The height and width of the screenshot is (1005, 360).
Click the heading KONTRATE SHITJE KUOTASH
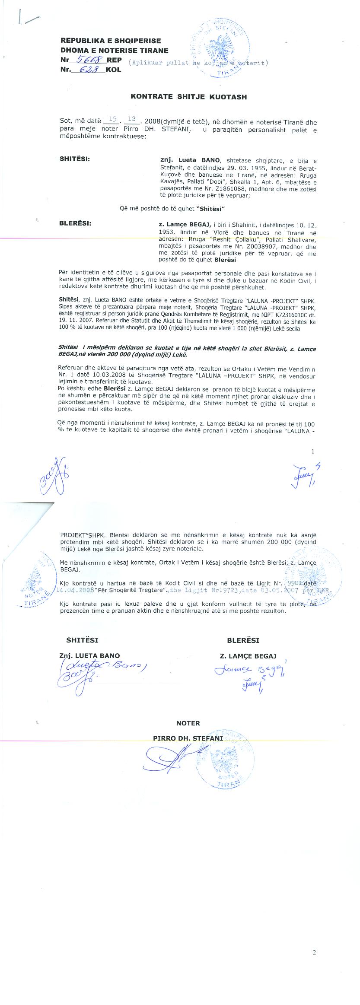coord(188,97)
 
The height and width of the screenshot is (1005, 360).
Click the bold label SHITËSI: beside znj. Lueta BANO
coord(75,159)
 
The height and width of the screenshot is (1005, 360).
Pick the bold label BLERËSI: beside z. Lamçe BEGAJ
coord(75,223)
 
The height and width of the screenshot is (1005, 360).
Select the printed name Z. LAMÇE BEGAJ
coord(248,655)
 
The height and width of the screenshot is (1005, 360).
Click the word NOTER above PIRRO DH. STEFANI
coord(188,723)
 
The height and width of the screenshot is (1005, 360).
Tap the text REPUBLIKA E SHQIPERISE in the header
coord(111,41)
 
